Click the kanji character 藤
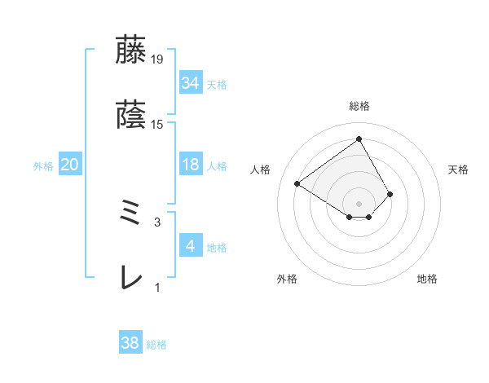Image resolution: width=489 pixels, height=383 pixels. coord(130,50)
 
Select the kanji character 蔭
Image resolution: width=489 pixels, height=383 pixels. coord(130,117)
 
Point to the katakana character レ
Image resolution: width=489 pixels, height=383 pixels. coord(130,279)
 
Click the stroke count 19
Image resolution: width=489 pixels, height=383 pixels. coord(157,59)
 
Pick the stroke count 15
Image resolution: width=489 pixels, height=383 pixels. coord(157,125)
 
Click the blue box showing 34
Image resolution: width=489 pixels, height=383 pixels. coord(190,82)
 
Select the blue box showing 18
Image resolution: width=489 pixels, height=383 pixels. coord(190,165)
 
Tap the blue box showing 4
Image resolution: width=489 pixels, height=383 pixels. coord(190,246)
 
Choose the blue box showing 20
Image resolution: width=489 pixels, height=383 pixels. coord(69,165)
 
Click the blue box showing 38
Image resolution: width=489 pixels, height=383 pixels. coord(130,343)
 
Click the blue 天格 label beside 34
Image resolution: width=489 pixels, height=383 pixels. coord(217,84)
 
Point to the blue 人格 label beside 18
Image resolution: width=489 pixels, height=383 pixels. coord(217,165)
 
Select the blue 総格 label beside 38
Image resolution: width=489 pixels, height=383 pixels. coord(156,345)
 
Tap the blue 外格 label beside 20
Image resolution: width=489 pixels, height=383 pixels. coord(43,165)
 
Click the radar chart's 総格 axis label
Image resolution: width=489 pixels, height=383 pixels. coord(359,106)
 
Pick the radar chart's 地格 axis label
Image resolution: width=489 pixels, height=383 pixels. coord(427,279)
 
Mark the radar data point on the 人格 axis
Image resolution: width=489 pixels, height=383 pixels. coord(297,183)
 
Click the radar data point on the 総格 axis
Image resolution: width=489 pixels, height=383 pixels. coord(359,139)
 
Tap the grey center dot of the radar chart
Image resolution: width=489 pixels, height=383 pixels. coord(359,203)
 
